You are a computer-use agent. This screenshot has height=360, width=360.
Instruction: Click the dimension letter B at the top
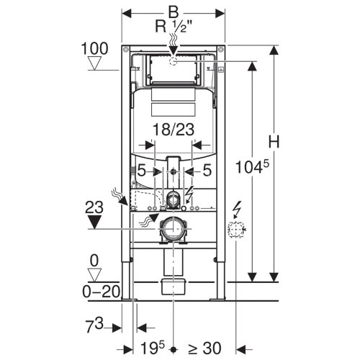tap(174, 12)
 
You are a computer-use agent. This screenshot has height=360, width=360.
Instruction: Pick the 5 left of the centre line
tap(143, 171)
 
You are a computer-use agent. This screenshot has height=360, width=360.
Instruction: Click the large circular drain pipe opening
tap(174, 229)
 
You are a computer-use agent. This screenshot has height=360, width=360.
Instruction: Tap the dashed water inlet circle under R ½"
tap(173, 60)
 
